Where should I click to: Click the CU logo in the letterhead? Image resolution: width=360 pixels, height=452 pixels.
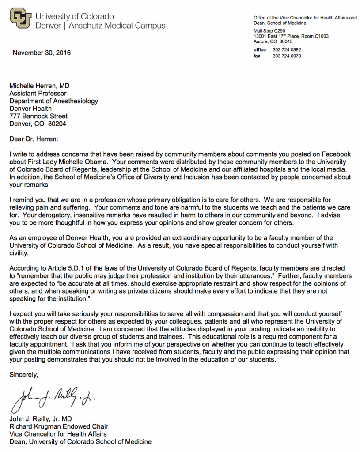click(20, 19)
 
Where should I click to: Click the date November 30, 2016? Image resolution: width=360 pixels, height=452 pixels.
click(42, 53)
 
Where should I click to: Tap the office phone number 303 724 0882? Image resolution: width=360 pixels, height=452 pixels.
click(287, 50)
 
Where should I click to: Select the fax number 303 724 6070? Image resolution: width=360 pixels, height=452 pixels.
click(287, 56)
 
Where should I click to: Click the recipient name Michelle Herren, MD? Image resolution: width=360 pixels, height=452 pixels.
click(39, 86)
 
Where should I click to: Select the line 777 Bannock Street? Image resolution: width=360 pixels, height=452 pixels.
click(38, 116)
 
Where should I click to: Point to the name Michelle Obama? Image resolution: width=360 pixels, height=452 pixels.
click(84, 162)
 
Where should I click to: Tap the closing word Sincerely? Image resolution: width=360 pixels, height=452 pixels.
click(24, 375)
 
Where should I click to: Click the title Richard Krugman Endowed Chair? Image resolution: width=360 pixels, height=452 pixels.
click(59, 426)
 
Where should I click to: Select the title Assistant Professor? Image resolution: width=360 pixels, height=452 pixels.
click(38, 93)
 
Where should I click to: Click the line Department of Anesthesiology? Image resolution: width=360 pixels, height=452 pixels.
click(53, 101)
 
